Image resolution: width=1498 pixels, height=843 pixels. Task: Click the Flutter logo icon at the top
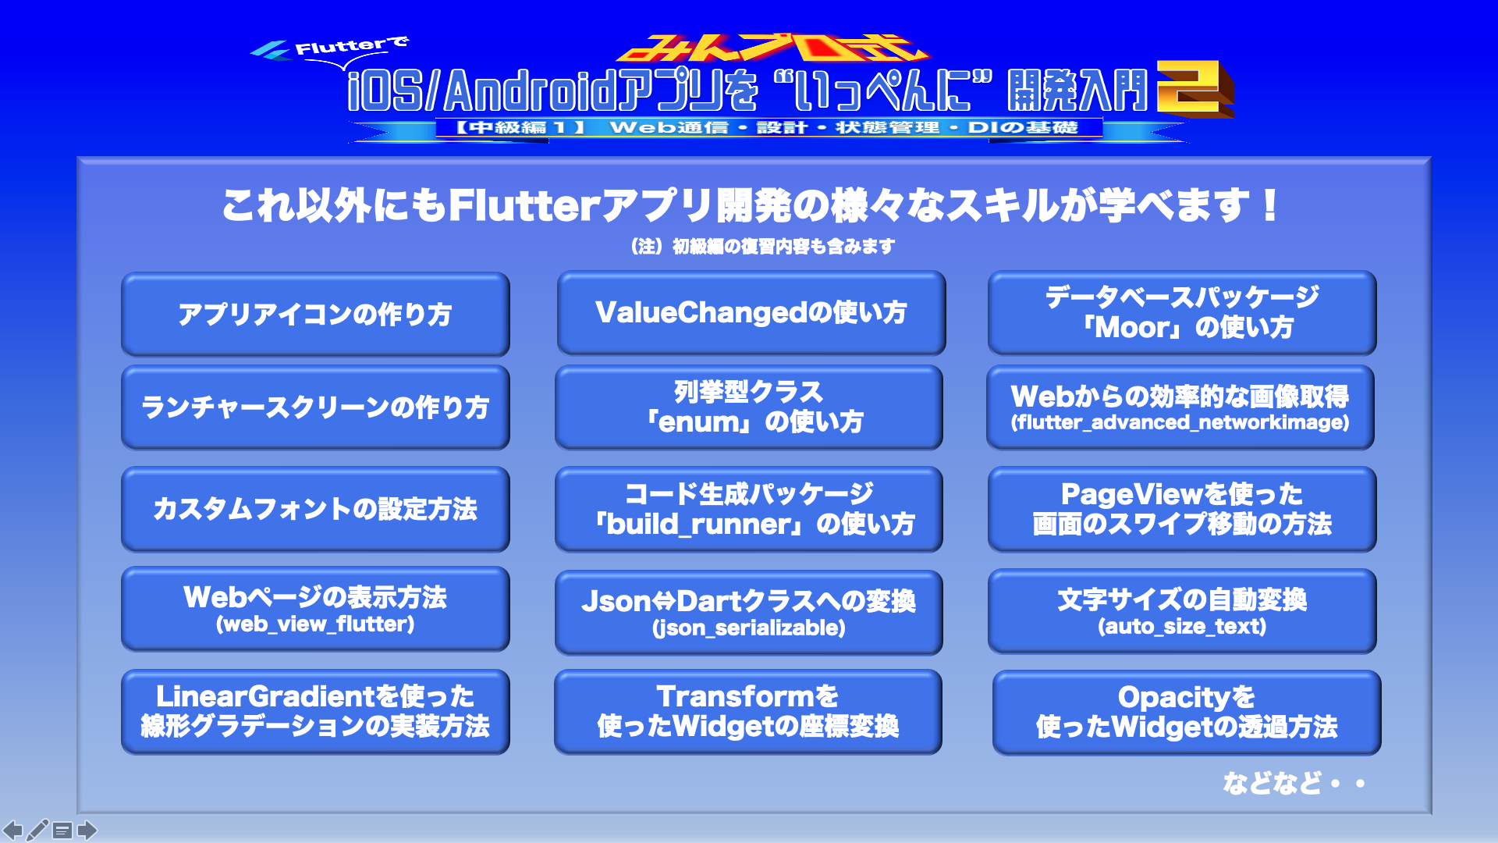269,51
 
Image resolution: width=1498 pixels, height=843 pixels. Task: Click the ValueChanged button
751,313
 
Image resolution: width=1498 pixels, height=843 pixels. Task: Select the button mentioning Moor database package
1182,313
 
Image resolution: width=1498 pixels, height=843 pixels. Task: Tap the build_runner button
749,509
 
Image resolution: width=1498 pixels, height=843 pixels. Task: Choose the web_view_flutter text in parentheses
315,624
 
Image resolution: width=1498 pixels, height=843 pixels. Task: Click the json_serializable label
749,628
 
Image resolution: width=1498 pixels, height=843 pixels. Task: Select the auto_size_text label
1182,627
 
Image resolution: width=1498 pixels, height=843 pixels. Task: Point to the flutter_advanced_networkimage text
1180,423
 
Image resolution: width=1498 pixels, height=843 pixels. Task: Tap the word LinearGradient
266,696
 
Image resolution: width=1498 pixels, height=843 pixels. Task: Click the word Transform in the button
735,696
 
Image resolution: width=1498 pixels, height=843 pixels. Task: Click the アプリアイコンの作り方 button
315,315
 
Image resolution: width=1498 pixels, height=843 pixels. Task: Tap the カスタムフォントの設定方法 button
315,509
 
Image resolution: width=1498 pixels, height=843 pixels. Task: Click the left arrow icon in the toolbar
13,830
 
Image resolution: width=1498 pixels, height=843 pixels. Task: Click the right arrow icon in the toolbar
87,830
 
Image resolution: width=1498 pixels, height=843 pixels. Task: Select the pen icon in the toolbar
37,830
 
